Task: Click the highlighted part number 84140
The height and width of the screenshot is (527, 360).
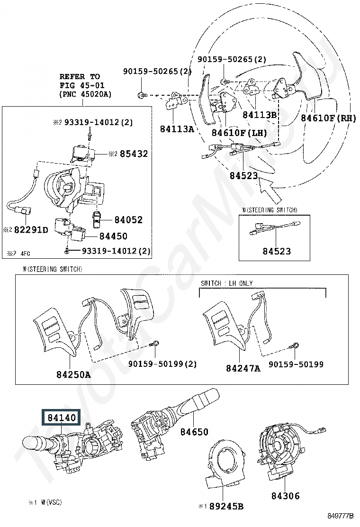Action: tap(62, 418)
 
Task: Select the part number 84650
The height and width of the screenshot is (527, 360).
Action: tap(194, 432)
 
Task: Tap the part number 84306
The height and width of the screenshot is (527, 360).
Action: tap(286, 495)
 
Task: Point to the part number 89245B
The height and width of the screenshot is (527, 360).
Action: tap(226, 506)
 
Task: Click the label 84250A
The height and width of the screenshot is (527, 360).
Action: tap(73, 374)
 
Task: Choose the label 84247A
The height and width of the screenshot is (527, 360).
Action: tap(243, 368)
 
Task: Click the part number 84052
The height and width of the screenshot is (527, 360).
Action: tap(129, 220)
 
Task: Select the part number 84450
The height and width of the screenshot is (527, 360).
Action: tap(114, 236)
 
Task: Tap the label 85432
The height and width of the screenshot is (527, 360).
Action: tap(134, 154)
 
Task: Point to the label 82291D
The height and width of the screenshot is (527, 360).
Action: tap(31, 230)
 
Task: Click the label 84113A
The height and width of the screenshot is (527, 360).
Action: tap(177, 129)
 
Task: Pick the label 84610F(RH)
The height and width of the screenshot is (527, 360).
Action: tap(328, 118)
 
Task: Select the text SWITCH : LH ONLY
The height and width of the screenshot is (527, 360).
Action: tap(227, 283)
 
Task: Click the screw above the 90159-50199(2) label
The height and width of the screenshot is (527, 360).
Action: tap(155, 344)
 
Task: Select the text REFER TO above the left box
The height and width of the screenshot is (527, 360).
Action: tap(80, 76)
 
